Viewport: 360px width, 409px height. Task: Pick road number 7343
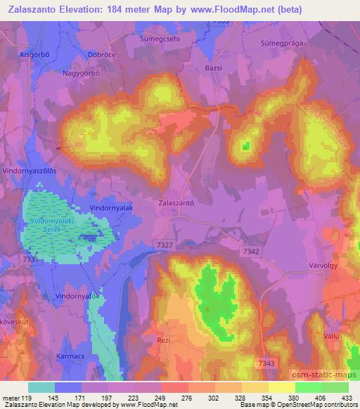(266, 363)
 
